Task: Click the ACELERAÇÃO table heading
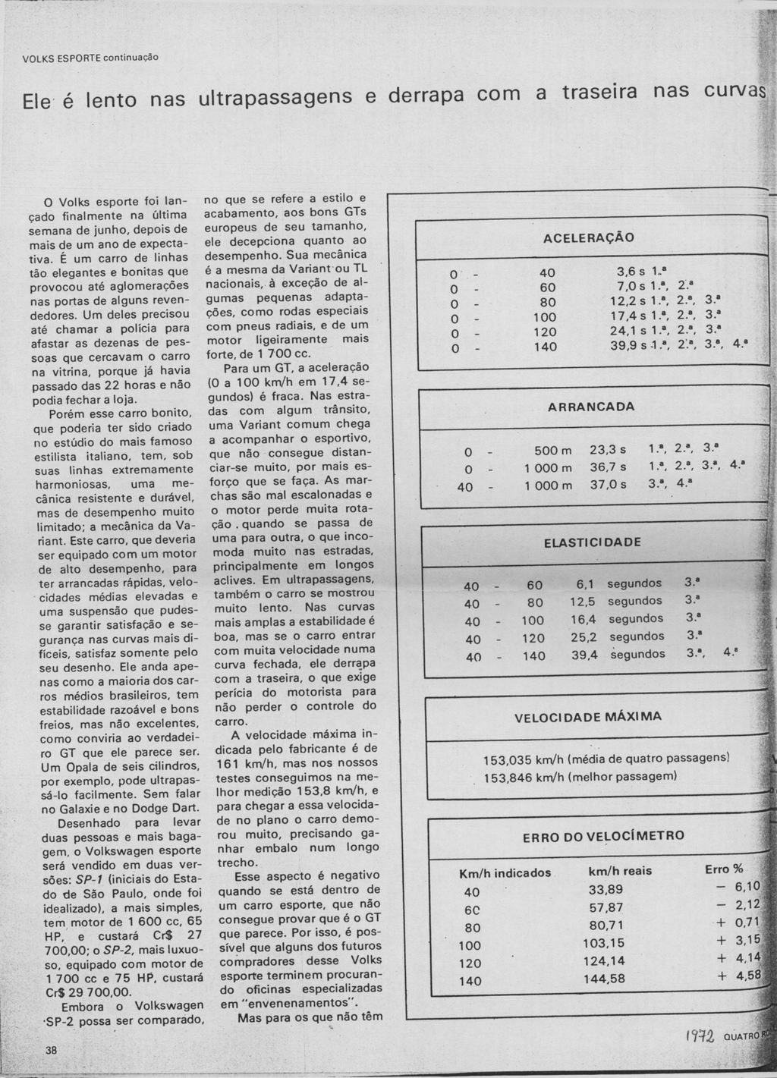tap(588, 238)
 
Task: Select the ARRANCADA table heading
tap(591, 407)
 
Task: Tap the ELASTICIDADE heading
tap(592, 542)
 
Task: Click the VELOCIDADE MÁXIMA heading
tap(588, 717)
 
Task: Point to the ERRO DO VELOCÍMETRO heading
tap(603, 836)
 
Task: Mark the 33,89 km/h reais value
tap(606, 889)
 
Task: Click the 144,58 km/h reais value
tap(604, 979)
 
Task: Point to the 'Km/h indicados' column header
tap(505, 873)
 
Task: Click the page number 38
tap(51, 1049)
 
